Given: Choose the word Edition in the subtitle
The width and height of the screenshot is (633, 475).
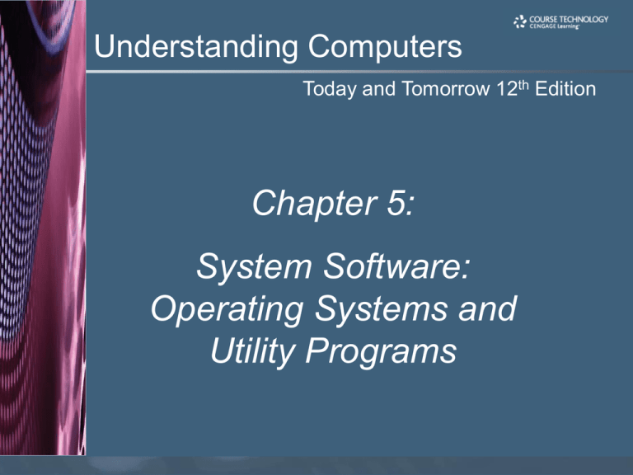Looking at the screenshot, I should [x=565, y=88].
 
